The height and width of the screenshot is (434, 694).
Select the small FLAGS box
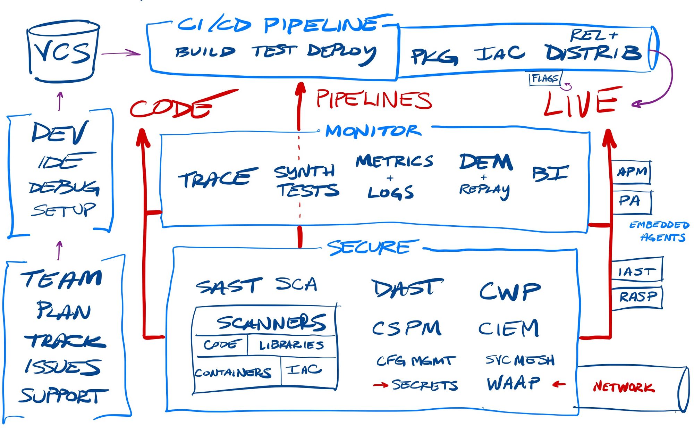point(545,78)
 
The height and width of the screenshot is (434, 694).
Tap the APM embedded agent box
point(631,172)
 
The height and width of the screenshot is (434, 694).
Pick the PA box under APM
point(631,202)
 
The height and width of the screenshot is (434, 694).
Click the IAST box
point(637,270)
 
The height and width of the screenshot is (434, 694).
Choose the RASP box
point(637,297)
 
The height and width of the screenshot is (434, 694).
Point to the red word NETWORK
point(624,387)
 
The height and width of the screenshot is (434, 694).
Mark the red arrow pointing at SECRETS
point(380,385)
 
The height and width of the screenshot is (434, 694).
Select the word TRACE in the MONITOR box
point(217,178)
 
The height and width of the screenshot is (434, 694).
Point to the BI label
point(550,174)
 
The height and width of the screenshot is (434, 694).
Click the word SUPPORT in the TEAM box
point(64,396)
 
